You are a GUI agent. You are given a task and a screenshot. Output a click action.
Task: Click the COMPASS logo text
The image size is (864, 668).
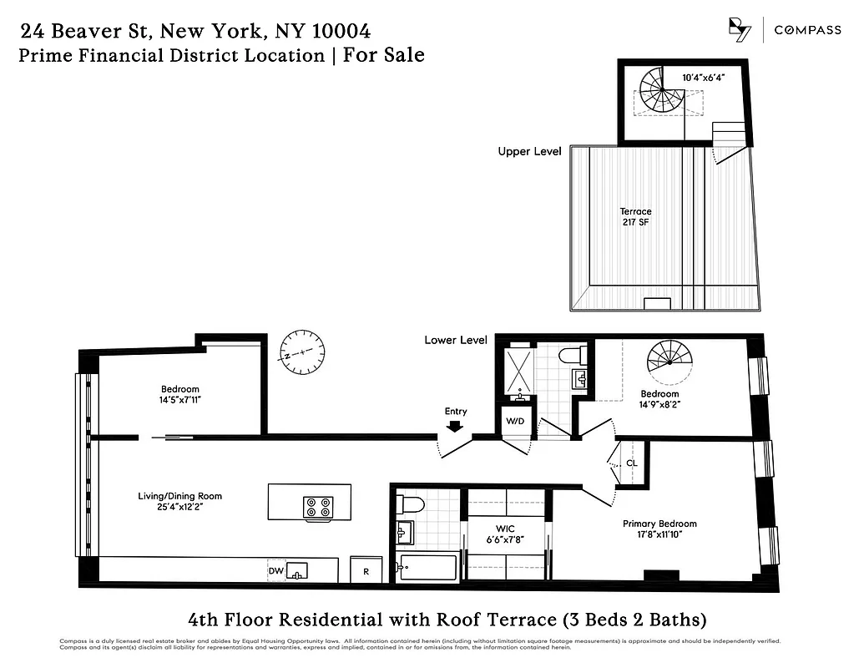807,30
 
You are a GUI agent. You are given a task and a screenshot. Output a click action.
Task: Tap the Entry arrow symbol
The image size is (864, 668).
455,426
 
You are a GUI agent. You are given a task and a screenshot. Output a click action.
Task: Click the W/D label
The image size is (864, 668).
513,420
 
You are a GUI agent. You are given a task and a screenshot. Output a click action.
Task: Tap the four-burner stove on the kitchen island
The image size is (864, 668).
318,507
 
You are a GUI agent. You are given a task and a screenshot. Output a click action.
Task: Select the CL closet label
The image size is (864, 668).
632,462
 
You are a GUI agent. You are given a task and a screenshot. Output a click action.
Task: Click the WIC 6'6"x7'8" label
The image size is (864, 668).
506,534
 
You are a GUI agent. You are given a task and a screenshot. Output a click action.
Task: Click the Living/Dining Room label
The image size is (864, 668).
179,502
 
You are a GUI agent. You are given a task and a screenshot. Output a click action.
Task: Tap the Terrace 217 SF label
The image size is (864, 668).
635,217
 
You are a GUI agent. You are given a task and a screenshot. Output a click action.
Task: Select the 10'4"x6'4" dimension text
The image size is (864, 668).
703,78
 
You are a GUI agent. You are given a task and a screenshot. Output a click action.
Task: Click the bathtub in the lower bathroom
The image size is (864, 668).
427,568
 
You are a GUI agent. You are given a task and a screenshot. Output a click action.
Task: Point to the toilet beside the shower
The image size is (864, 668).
573,355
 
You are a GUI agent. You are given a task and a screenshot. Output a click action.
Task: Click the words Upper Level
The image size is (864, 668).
529,151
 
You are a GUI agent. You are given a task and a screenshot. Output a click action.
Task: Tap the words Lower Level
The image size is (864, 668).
455,340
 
